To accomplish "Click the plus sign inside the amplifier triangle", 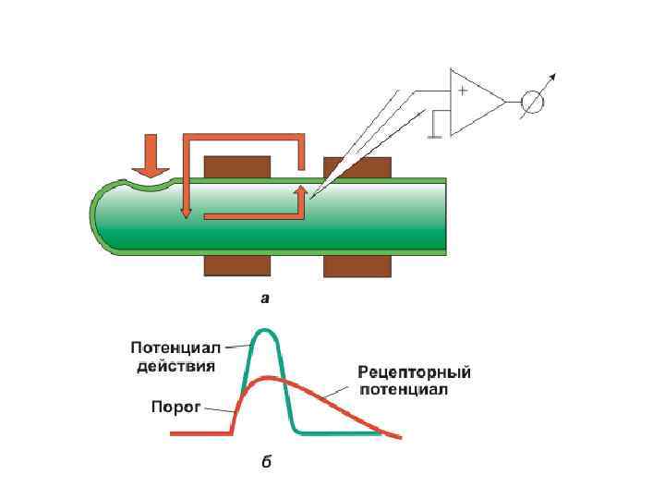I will click(462, 91).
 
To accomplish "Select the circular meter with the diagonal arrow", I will click(532, 101).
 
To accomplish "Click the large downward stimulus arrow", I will click(151, 156).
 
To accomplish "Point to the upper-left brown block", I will click(236, 166).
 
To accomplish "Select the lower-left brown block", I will click(236, 265).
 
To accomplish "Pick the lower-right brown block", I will click(356, 265).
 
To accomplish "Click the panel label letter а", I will click(266, 298).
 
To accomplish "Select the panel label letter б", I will click(266, 461).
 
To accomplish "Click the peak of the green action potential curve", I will click(266, 330).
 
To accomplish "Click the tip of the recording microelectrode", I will click(312, 197).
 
